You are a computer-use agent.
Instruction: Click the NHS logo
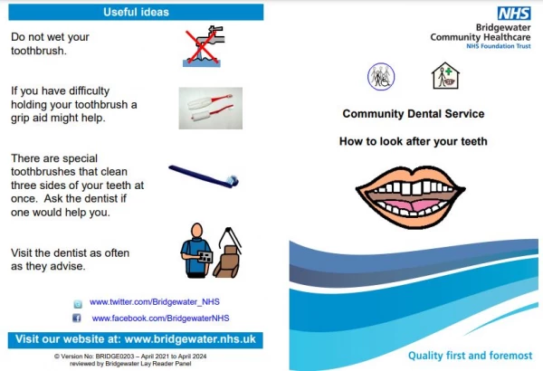point(514,14)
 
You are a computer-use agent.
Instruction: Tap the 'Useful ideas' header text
point(136,12)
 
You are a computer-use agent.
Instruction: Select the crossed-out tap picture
point(204,46)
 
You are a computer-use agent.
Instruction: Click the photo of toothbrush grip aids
point(211,108)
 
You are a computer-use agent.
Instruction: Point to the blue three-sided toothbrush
point(204,176)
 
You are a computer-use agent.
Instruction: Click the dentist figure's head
point(196,230)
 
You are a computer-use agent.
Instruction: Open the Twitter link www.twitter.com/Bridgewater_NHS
point(155,301)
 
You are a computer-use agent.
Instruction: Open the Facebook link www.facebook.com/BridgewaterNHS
point(160,318)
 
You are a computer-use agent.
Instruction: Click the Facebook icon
point(77,318)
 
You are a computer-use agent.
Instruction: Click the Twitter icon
point(78,304)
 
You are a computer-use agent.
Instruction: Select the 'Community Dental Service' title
point(414,114)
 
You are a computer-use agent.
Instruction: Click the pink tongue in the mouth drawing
point(411,205)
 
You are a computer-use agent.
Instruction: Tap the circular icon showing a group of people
point(381,77)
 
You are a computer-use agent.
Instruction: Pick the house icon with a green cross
point(445,75)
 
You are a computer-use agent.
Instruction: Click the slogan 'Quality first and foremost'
point(470,356)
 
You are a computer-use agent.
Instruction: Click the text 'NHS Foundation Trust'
point(499,46)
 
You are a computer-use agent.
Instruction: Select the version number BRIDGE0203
point(115,357)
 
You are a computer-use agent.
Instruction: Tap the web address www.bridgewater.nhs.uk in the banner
point(190,339)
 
